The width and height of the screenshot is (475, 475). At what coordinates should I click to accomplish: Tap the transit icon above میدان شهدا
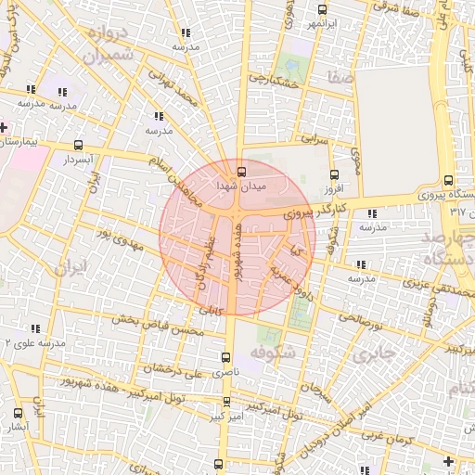pyautogui.click(x=241, y=171)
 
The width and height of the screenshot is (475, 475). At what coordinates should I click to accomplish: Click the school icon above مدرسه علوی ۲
pyautogui.click(x=36, y=328)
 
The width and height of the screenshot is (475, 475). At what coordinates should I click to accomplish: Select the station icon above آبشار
pyautogui.click(x=19, y=414)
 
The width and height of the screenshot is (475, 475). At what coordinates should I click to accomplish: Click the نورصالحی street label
pyautogui.click(x=360, y=316)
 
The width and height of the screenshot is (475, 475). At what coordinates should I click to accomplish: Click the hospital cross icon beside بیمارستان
pyautogui.click(x=5, y=127)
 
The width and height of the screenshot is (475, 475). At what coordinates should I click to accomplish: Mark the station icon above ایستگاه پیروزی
pyautogui.click(x=448, y=180)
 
